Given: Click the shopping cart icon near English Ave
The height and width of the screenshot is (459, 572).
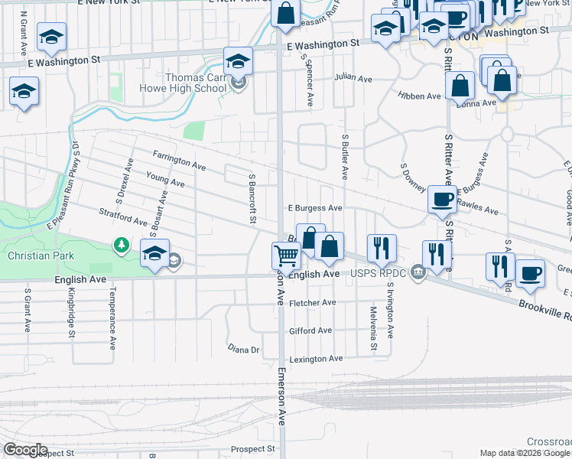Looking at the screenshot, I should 286,255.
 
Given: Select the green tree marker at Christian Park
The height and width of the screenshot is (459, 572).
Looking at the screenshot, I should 121,245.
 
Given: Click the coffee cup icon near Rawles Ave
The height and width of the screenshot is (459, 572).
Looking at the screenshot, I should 441,200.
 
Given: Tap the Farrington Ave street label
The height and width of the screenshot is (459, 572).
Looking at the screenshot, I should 179,161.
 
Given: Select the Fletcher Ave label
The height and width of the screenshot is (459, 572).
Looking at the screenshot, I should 313,303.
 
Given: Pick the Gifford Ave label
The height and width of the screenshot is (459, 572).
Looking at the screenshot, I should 310,330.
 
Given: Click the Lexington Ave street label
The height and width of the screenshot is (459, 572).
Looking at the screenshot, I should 315,358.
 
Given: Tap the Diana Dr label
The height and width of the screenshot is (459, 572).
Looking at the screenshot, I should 244,349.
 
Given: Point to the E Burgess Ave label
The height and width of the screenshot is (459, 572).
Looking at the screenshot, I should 314,207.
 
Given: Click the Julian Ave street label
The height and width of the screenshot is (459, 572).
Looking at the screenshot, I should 353,78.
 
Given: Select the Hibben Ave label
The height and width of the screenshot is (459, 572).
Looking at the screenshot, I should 419,96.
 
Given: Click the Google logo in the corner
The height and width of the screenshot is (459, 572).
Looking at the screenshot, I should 24,450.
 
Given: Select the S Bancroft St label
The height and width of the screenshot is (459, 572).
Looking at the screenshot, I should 252,198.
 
